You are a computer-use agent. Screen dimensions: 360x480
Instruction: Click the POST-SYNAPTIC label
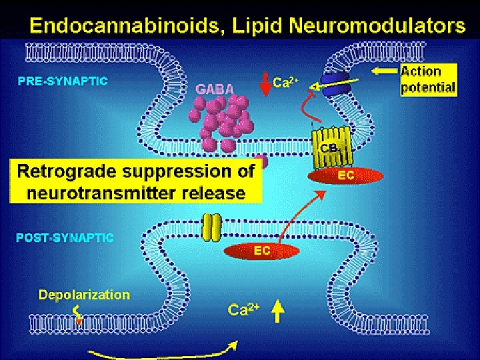pos(65,237)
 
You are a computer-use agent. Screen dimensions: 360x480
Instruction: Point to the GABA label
pos(214,89)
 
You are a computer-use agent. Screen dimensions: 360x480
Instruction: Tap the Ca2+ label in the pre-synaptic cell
pos(291,83)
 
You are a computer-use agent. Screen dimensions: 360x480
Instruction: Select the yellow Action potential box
pos(429,79)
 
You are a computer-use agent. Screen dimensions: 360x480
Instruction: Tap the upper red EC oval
pos(345,175)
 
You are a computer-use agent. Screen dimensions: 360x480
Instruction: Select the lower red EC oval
pos(261,251)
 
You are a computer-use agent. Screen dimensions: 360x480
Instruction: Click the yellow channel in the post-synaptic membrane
pos(211,227)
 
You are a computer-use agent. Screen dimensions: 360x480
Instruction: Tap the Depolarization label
pos(84,295)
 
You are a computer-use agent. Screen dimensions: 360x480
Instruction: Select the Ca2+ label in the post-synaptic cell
pos(243,309)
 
